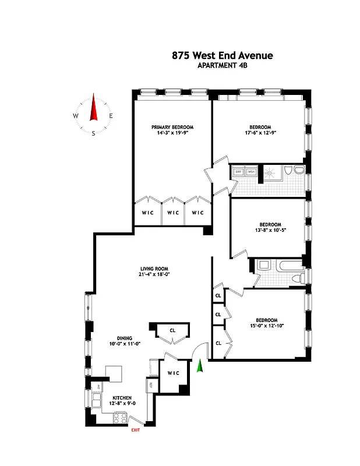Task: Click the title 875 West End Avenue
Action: [x=222, y=56]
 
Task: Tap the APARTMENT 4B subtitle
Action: [x=222, y=66]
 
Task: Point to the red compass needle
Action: [x=93, y=108]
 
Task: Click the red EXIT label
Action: [x=135, y=430]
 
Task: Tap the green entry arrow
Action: [x=200, y=367]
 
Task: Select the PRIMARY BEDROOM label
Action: [x=172, y=127]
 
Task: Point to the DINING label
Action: [x=123, y=338]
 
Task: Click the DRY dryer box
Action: [x=239, y=171]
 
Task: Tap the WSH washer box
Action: [x=251, y=171]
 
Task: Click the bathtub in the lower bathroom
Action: [x=287, y=266]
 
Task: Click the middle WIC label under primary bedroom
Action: [x=173, y=213]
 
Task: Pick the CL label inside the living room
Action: [x=172, y=330]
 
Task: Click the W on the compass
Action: [x=76, y=116]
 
